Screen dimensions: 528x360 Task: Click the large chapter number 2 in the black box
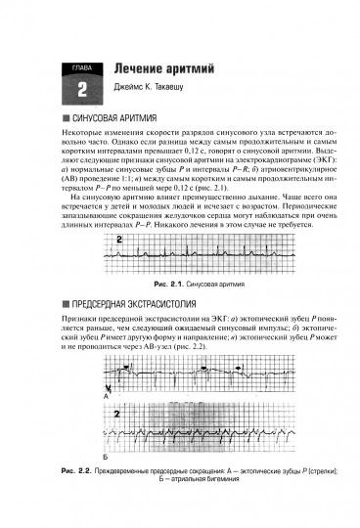click(x=81, y=88)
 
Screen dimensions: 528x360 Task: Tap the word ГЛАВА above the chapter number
click(x=81, y=67)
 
